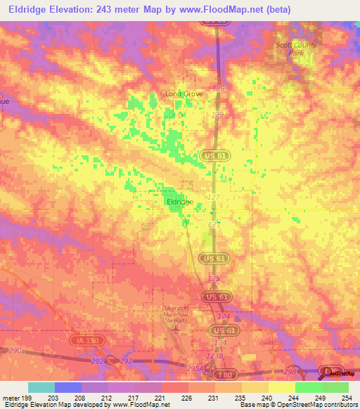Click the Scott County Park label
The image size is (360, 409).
(x=296, y=48)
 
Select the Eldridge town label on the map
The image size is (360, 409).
(x=179, y=202)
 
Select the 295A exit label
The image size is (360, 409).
(x=194, y=368)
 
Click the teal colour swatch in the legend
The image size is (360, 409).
(x=41, y=387)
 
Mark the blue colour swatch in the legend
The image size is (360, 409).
(x=68, y=387)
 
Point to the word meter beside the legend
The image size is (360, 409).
(x=12, y=398)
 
